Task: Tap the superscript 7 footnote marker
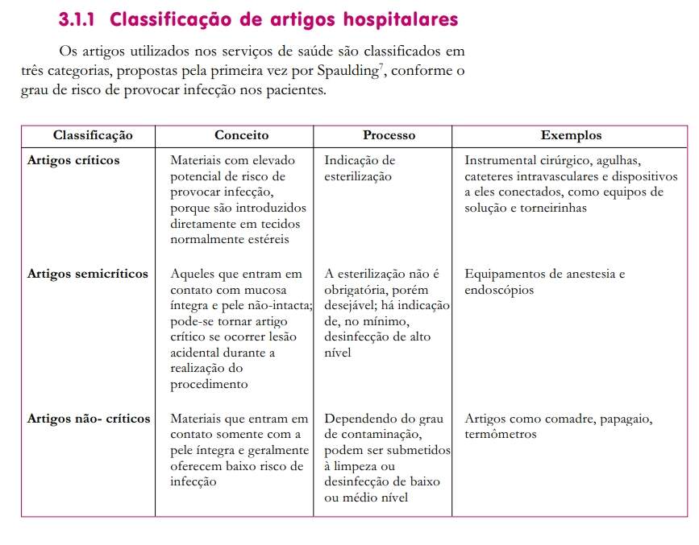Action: coord(381,67)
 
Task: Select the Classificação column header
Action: coord(93,135)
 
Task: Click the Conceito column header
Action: coord(241,135)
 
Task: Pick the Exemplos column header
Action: coord(571,135)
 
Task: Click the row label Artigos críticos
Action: coord(73,160)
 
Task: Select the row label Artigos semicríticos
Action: coord(88,274)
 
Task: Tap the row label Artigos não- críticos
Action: coord(89,419)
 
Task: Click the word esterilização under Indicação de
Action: coord(358,176)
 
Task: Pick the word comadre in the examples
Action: coord(553,419)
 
